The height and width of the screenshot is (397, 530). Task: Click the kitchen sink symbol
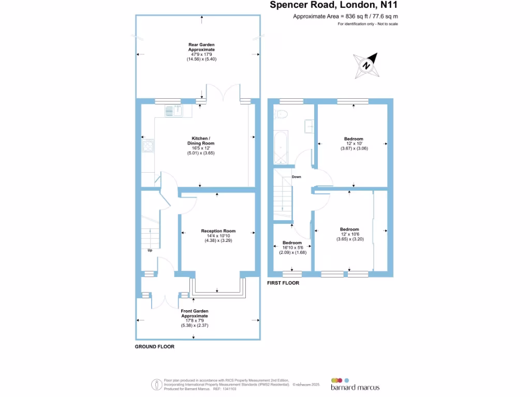pyautogui.click(x=174, y=110)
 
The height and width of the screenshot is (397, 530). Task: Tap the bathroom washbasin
pyautogui.click(x=309, y=125)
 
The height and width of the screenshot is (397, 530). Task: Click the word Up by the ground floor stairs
pyautogui.click(x=150, y=251)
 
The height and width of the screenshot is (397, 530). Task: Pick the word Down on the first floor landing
pyautogui.click(x=296, y=177)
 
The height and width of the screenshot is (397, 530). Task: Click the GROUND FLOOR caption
pyautogui.click(x=155, y=347)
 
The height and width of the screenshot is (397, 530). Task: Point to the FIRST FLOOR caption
pyautogui.click(x=283, y=283)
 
